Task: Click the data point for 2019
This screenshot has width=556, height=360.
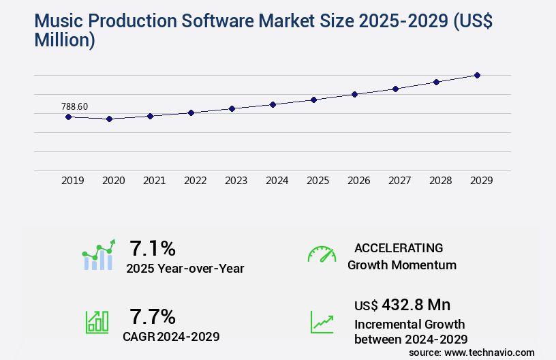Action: click(68, 117)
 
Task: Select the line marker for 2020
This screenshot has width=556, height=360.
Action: click(109, 119)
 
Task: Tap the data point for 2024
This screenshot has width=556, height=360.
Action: click(273, 104)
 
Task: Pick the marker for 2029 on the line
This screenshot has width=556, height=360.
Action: click(477, 75)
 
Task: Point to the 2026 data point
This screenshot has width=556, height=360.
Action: click(354, 94)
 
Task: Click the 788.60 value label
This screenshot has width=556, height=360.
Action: click(74, 106)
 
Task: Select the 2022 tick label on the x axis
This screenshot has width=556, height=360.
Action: click(195, 181)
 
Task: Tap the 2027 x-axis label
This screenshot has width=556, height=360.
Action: click(399, 181)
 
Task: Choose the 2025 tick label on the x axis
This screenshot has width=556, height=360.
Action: click(318, 181)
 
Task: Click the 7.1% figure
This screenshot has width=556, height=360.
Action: click(153, 247)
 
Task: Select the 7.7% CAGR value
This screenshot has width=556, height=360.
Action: click(153, 316)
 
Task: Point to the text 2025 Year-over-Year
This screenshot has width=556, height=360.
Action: click(185, 269)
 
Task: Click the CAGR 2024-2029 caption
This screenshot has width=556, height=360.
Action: click(171, 336)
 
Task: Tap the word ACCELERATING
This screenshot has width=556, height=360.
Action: click(399, 247)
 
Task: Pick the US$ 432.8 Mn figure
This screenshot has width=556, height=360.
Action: click(402, 304)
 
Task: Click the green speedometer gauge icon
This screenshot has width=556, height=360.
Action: click(322, 254)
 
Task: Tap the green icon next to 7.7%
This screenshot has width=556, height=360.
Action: click(97, 321)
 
